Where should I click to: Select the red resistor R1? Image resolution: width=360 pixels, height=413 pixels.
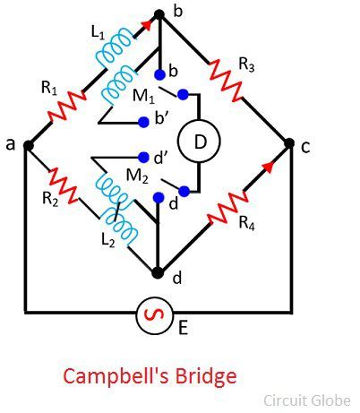67,107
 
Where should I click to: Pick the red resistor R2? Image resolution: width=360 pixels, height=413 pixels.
64,185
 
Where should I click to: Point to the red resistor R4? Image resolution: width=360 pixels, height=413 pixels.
228,208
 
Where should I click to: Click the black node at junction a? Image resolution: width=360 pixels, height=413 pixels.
28,146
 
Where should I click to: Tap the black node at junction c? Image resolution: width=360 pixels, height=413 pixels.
289,143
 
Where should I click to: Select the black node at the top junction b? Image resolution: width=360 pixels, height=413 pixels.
159,14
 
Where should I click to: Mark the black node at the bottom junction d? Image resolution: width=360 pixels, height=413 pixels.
158,272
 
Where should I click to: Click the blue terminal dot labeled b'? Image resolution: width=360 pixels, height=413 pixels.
143,122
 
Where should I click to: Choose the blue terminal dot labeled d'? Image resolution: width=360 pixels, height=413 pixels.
143,157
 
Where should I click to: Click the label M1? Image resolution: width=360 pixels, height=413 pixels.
143,96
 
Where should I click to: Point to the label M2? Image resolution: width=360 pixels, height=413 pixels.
137,176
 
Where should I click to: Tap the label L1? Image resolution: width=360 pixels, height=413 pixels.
99,33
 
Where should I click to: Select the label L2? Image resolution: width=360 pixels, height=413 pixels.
107,240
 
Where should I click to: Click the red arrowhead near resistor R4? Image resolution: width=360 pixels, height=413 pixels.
269,167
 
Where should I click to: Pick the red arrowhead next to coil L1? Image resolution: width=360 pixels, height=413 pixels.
146,25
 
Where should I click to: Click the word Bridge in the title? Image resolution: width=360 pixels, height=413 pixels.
206,377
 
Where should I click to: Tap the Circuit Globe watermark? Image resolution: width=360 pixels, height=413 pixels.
307,400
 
